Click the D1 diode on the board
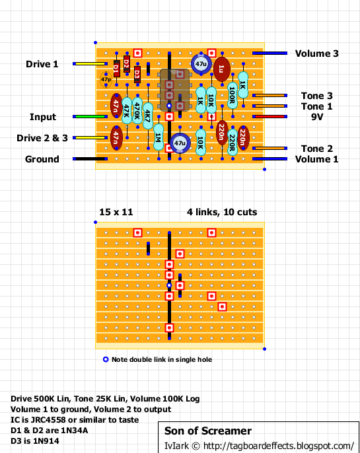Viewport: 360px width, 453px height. point(116,69)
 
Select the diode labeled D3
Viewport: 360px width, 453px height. point(137,74)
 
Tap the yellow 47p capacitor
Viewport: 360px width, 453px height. point(106,79)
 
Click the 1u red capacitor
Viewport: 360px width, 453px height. point(221,69)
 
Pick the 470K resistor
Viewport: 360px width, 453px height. point(137,111)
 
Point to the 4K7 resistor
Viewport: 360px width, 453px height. point(148,116)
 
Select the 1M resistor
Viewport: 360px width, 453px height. point(159,137)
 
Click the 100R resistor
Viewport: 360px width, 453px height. point(233,95)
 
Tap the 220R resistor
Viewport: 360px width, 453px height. point(233,143)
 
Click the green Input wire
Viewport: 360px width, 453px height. point(90,117)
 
